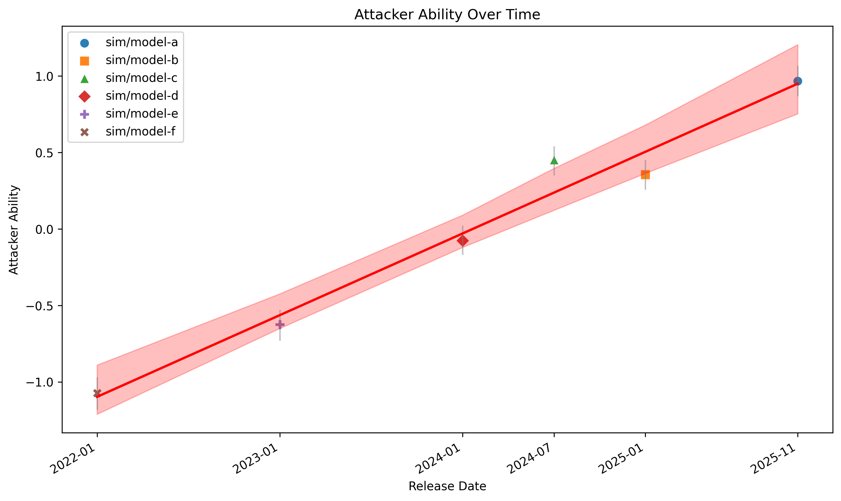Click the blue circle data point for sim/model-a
(x=797, y=81)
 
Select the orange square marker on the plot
(x=645, y=175)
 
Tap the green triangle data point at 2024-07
(x=554, y=161)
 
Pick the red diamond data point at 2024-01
(x=463, y=241)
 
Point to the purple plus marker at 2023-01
(x=280, y=324)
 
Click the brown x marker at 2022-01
(x=97, y=393)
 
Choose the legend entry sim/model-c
(x=141, y=78)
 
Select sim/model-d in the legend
(x=142, y=96)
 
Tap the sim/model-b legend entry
(x=142, y=60)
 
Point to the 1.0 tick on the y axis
(x=44, y=77)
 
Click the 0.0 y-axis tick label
(x=44, y=230)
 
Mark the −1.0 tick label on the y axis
(x=40, y=383)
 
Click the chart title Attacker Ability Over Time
(x=447, y=14)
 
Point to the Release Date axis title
(x=447, y=486)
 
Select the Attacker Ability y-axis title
(x=14, y=230)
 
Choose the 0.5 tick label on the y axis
(x=44, y=153)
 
